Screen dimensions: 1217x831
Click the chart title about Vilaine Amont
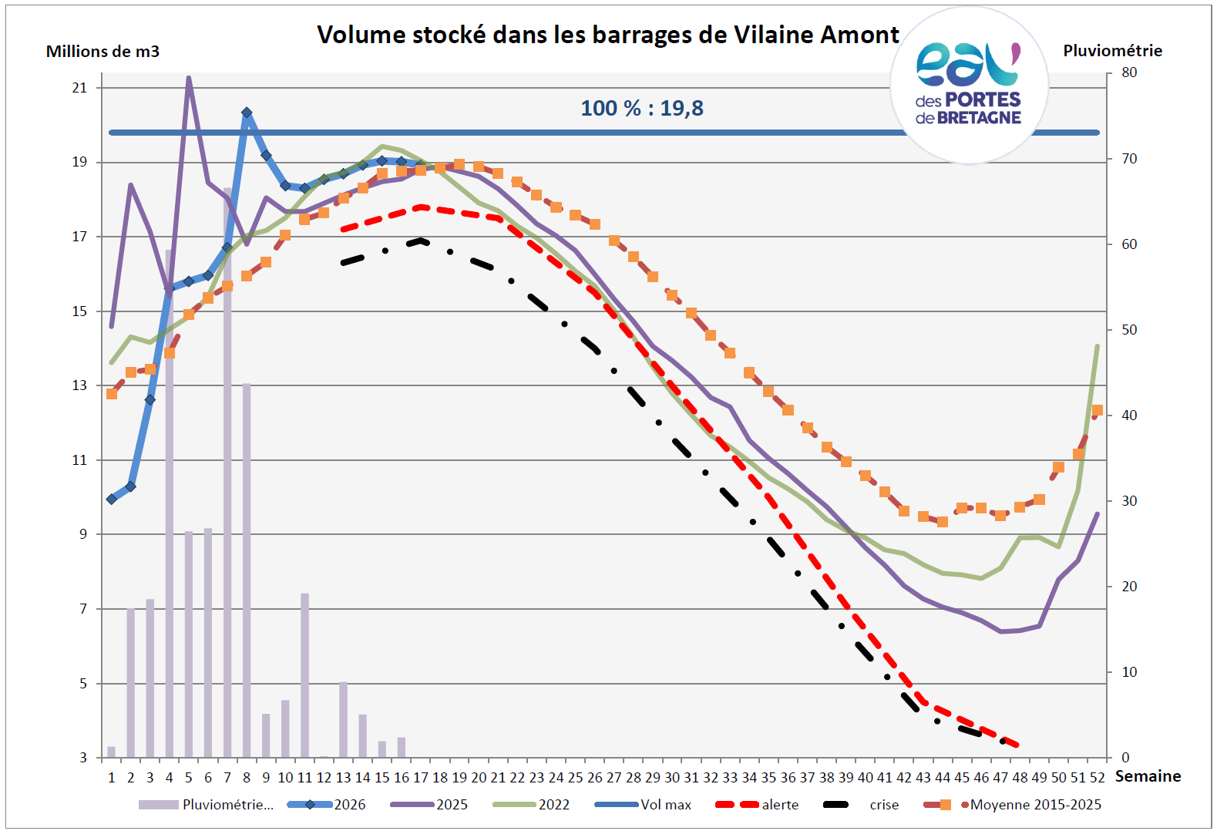pyautogui.click(x=608, y=35)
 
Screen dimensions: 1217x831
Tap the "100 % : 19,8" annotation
pyautogui.click(x=642, y=108)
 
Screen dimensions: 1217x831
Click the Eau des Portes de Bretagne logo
pyautogui.click(x=969, y=85)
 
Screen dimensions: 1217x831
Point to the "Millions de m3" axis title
pyautogui.click(x=103, y=51)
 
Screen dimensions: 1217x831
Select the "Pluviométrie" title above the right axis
pyautogui.click(x=1112, y=51)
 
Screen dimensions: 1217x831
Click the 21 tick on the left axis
pyautogui.click(x=80, y=88)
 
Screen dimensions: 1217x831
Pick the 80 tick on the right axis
pyautogui.click(x=1129, y=72)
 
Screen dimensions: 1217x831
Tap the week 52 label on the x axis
pyautogui.click(x=1097, y=778)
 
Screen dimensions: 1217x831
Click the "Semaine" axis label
pyautogui.click(x=1148, y=776)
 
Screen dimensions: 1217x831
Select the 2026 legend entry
pyautogui.click(x=327, y=804)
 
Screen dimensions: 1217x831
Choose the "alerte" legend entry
pyautogui.click(x=757, y=804)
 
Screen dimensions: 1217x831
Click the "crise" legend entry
pyautogui.click(x=861, y=804)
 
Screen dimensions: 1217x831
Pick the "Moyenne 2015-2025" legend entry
pyautogui.click(x=1012, y=804)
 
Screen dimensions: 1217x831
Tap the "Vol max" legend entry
pyautogui.click(x=643, y=804)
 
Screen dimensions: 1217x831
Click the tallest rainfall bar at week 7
pyautogui.click(x=227, y=473)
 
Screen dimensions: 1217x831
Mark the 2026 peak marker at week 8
pyautogui.click(x=247, y=113)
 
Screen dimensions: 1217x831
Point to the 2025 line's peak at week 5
pyautogui.click(x=189, y=78)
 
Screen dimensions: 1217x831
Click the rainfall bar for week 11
pyautogui.click(x=304, y=675)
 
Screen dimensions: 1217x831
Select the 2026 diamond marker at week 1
pyautogui.click(x=112, y=499)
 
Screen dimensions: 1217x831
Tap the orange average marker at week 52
pyautogui.click(x=1097, y=410)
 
